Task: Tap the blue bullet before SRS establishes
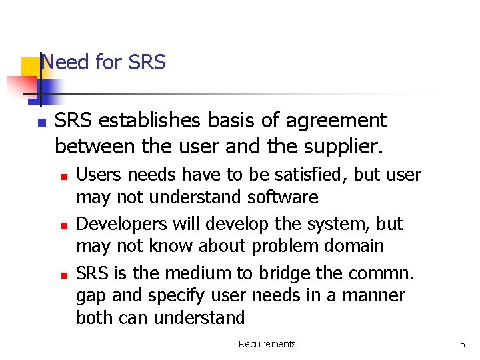pyautogui.click(x=41, y=123)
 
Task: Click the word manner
pyautogui.click(x=375, y=295)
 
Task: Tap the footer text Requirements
pyautogui.click(x=267, y=344)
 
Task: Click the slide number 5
pyautogui.click(x=462, y=344)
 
